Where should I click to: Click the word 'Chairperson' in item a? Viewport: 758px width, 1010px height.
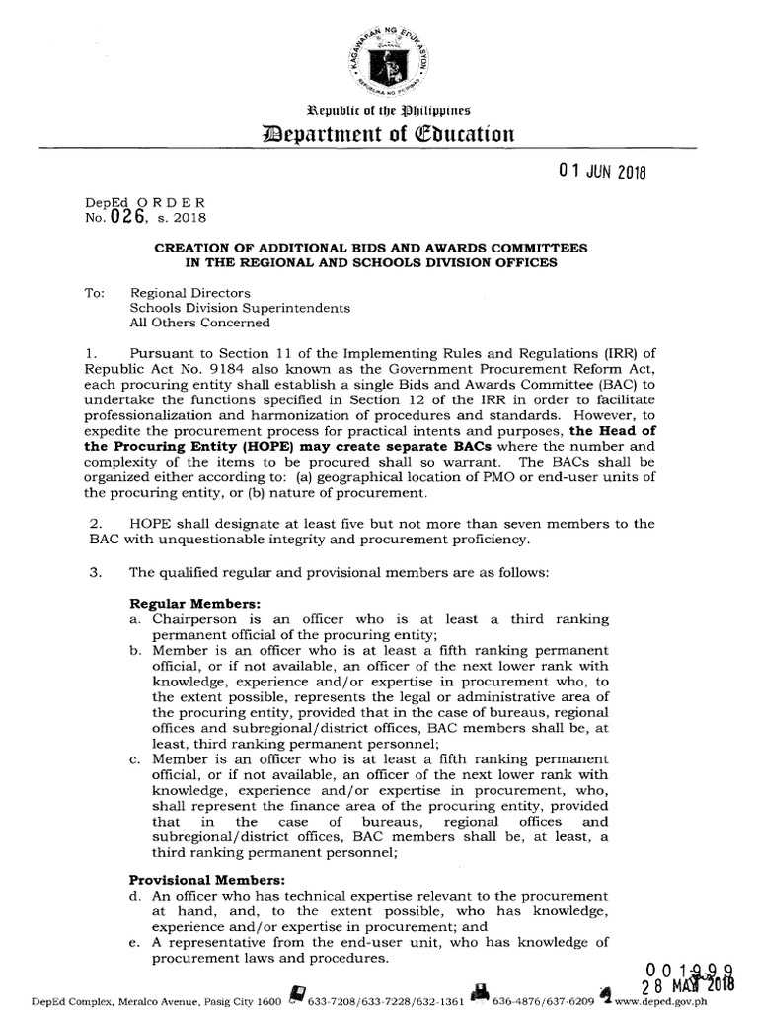point(193,618)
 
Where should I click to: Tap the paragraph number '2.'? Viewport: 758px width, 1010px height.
point(96,523)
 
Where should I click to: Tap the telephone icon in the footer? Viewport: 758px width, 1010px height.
point(295,993)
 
